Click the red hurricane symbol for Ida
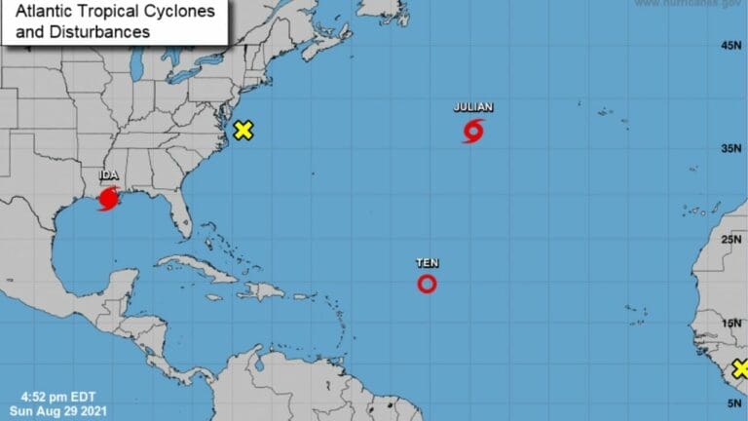[108, 200]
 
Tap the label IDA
[109, 176]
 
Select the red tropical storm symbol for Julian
[473, 131]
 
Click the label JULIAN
[473, 107]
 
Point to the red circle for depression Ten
[427, 284]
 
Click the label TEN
[427, 263]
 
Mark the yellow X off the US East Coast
[243, 130]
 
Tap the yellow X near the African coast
[740, 368]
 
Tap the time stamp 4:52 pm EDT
[52, 396]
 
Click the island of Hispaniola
[258, 290]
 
